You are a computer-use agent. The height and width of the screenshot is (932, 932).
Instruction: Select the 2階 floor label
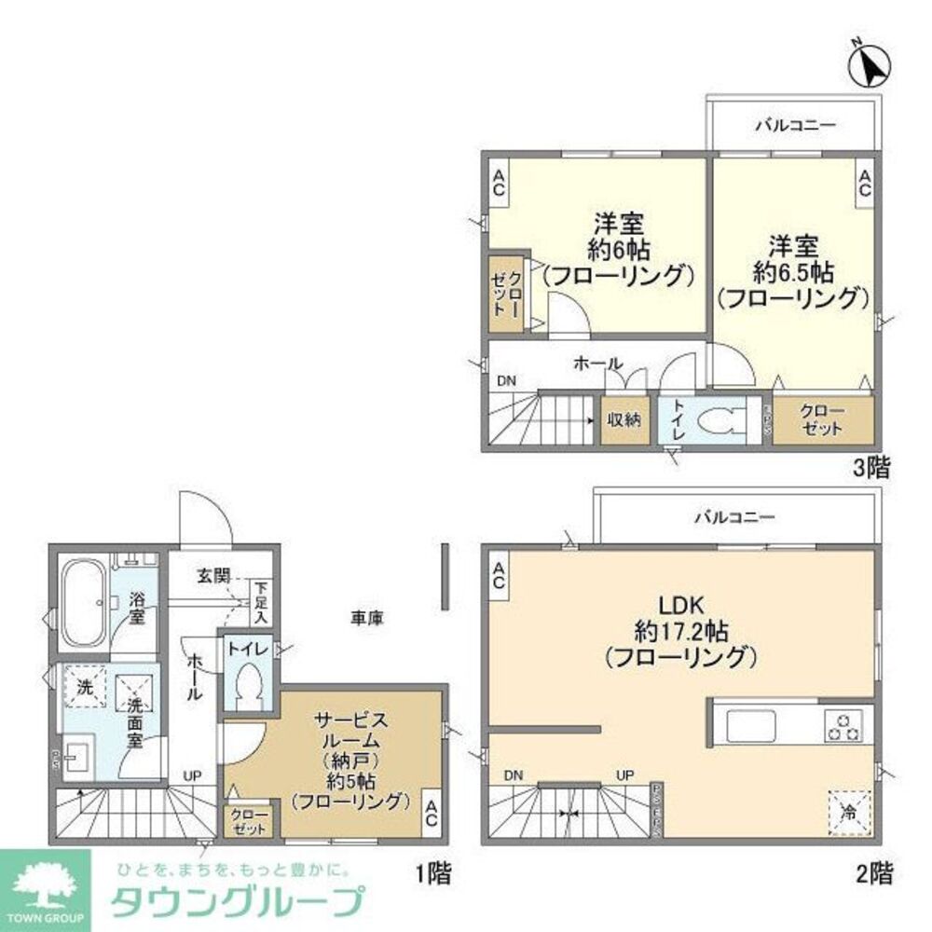coord(873,874)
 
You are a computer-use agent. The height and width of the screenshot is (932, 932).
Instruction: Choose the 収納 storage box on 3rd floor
coord(624,419)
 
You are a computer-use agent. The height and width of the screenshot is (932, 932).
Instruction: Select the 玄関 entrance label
coord(213,576)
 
